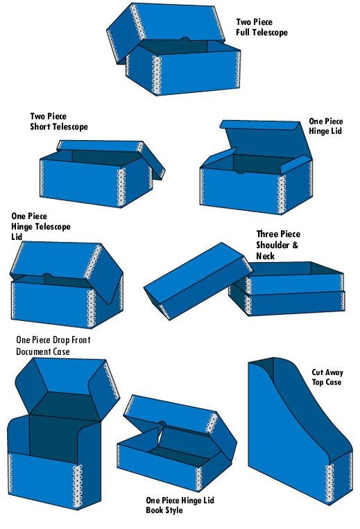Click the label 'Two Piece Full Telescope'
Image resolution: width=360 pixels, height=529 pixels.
tap(262, 27)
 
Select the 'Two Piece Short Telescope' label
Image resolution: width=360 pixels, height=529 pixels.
tap(59, 121)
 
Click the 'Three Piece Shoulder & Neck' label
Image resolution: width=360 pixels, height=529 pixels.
tap(278, 245)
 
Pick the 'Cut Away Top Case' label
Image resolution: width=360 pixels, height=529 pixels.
tap(326, 377)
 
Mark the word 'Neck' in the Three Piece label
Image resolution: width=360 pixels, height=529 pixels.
tap(265, 256)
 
